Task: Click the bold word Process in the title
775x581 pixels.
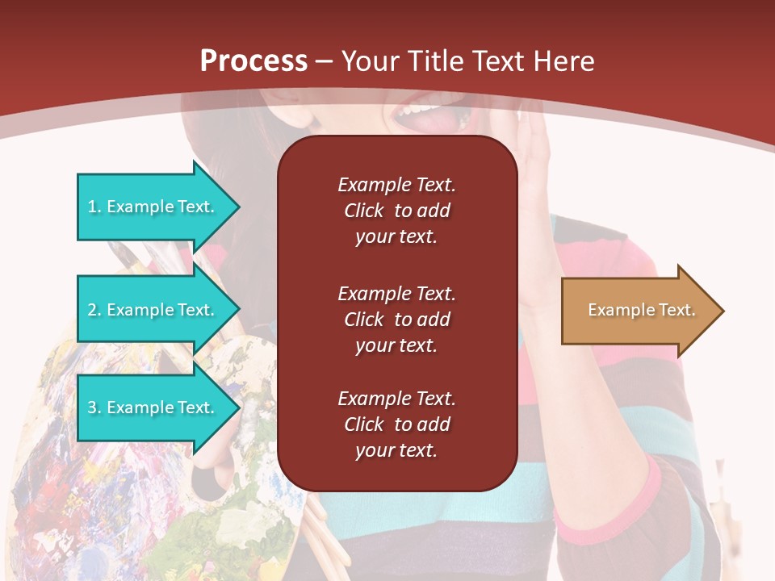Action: (253, 61)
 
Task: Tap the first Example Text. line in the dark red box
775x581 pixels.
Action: (396, 185)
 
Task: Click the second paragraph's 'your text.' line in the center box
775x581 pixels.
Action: (396, 345)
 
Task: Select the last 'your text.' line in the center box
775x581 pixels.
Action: (396, 450)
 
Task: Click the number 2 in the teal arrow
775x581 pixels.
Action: (93, 310)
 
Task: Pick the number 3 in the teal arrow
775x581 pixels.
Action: (93, 408)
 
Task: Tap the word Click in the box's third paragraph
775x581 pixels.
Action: (363, 424)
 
